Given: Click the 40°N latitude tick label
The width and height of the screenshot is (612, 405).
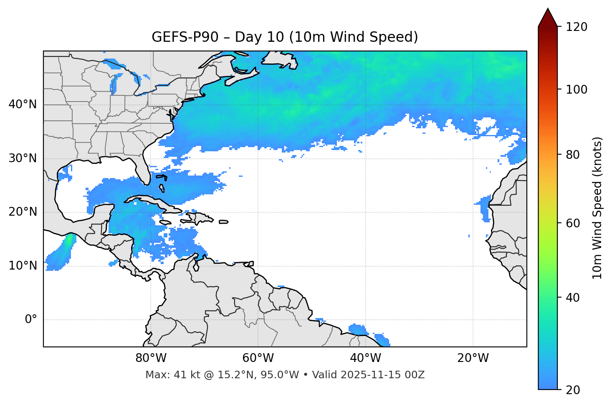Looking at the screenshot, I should pyautogui.click(x=23, y=104).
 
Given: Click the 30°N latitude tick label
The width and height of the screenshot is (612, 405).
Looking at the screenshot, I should pyautogui.click(x=23, y=158).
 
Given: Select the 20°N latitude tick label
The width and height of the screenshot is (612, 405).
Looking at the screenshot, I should pyautogui.click(x=23, y=212).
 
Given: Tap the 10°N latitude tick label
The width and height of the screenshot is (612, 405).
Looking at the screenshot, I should pyautogui.click(x=23, y=266).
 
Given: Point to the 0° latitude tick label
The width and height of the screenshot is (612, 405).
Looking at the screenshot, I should pyautogui.click(x=31, y=320).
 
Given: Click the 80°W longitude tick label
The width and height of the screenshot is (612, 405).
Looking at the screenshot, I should pyautogui.click(x=151, y=358).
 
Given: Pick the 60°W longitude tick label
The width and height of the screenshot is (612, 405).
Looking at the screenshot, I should pyautogui.click(x=258, y=358).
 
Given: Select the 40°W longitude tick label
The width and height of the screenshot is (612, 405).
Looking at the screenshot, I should pyautogui.click(x=365, y=358).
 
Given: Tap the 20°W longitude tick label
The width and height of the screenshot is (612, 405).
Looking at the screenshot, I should pyautogui.click(x=473, y=358).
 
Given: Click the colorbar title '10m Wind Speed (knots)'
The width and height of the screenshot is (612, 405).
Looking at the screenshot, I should pyautogui.click(x=597, y=208).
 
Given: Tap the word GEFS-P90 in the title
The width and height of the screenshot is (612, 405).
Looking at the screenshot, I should pyautogui.click(x=185, y=37).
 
